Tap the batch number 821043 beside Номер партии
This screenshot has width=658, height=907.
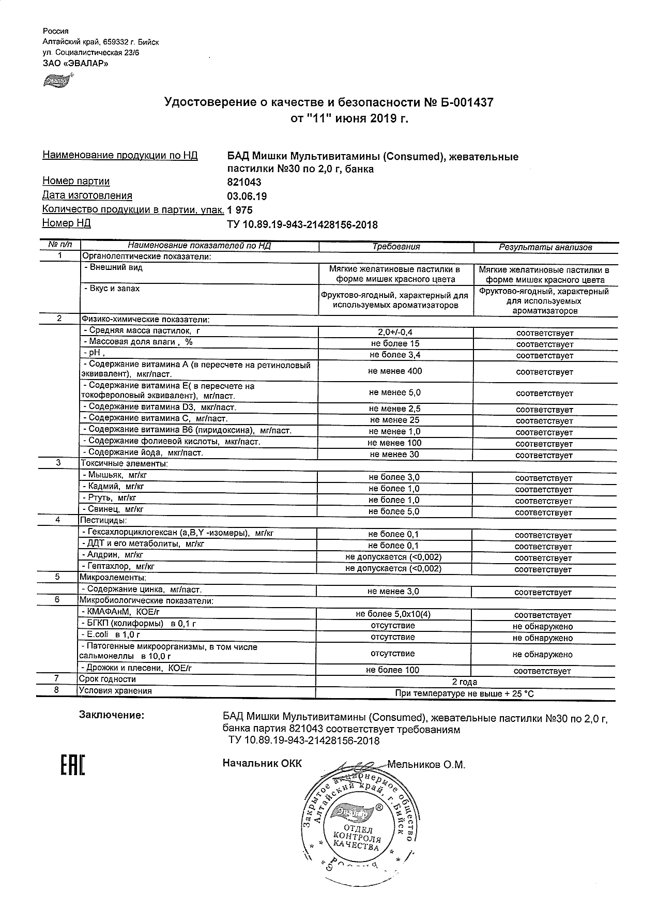tap(244, 182)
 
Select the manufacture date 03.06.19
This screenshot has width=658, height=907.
tap(247, 196)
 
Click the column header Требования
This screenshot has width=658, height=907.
tap(396, 247)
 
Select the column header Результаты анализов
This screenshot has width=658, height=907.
tap(545, 247)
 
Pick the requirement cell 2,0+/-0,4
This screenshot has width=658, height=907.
tap(395, 332)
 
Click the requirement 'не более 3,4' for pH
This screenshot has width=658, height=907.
tap(394, 355)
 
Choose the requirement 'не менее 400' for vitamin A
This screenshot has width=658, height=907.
tap(395, 371)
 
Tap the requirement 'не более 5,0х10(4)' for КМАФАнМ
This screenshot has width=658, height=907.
tap(393, 614)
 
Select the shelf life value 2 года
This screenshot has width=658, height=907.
tap(464, 682)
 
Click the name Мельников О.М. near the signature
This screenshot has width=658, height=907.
tap(426, 764)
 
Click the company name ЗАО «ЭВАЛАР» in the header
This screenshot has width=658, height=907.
tap(75, 64)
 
